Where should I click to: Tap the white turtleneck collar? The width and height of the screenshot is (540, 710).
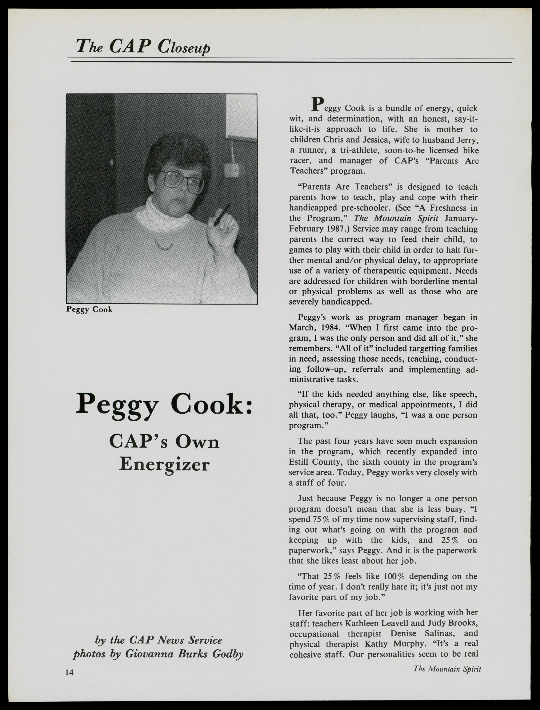click(162, 215)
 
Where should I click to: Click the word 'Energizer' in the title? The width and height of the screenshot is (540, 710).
click(164, 464)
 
